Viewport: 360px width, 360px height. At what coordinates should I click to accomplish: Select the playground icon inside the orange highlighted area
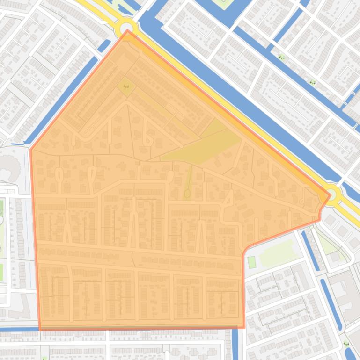[x=125, y=86]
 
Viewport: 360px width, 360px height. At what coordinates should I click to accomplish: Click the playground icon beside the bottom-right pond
[x=346, y=344]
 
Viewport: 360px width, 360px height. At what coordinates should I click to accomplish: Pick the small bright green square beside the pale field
[x=252, y=262]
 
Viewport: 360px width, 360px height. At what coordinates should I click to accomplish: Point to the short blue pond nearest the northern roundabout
[x=104, y=45]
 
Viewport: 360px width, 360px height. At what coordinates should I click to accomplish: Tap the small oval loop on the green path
[x=187, y=193]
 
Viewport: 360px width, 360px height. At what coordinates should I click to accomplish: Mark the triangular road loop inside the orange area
[x=228, y=199]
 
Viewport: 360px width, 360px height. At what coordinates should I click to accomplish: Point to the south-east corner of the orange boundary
[x=244, y=326]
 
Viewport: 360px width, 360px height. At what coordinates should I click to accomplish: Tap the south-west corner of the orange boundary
[x=40, y=329]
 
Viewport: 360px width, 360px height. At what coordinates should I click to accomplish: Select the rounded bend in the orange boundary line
[x=246, y=248]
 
